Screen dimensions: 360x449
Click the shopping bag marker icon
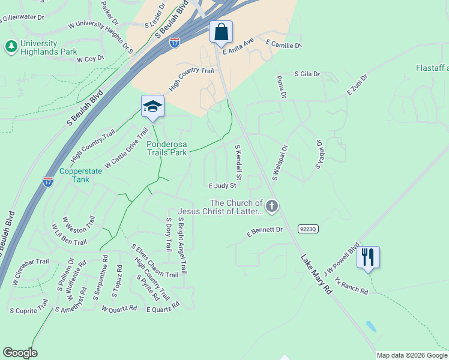(221, 32)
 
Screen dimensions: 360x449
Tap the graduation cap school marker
(152, 106)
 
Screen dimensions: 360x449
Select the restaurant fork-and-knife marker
(368, 257)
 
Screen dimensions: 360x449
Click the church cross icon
(272, 207)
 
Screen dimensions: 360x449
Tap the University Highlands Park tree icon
(10, 46)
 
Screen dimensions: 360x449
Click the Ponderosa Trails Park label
(167, 148)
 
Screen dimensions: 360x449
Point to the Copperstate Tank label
(81, 175)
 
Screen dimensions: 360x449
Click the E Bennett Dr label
(265, 230)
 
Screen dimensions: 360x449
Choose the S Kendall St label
(238, 161)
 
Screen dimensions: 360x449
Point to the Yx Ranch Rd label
(352, 285)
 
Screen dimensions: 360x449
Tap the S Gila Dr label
(307, 74)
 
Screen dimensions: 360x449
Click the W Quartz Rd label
(120, 310)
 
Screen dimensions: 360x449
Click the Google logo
(20, 353)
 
